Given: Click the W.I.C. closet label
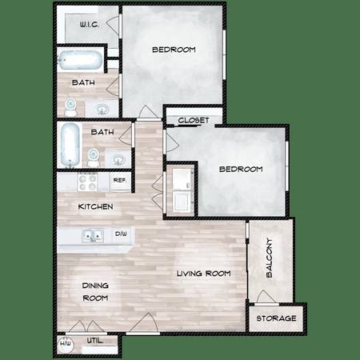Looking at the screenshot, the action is tap(90, 25).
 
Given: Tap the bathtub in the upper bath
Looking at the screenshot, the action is tap(80, 60).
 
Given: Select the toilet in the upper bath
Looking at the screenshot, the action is tap(70, 107).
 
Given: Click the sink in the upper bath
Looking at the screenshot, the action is tap(102, 109).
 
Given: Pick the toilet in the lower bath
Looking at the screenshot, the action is tap(94, 158).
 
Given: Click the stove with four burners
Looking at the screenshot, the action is tap(87, 182).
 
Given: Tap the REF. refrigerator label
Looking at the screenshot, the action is tap(120, 180).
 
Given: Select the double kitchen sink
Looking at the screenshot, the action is tap(93, 236).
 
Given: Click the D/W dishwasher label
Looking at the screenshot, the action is tap(121, 234).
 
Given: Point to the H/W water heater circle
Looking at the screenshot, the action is tap(66, 344).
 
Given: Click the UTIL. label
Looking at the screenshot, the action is tap(95, 341).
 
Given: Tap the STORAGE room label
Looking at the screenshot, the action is tap(276, 318).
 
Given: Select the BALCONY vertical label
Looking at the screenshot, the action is tap(270, 258).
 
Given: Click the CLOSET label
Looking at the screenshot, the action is tap(194, 120).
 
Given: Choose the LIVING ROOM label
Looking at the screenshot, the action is tap(204, 274).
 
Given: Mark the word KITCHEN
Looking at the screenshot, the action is tap(95, 206).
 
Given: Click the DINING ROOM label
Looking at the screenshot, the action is tap(95, 292).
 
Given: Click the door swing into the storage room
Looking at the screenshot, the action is tap(265, 297).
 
